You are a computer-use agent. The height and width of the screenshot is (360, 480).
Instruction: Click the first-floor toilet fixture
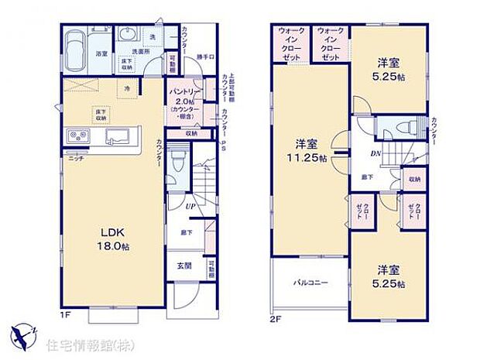177,163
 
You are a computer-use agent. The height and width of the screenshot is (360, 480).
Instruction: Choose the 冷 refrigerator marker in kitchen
126,87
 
